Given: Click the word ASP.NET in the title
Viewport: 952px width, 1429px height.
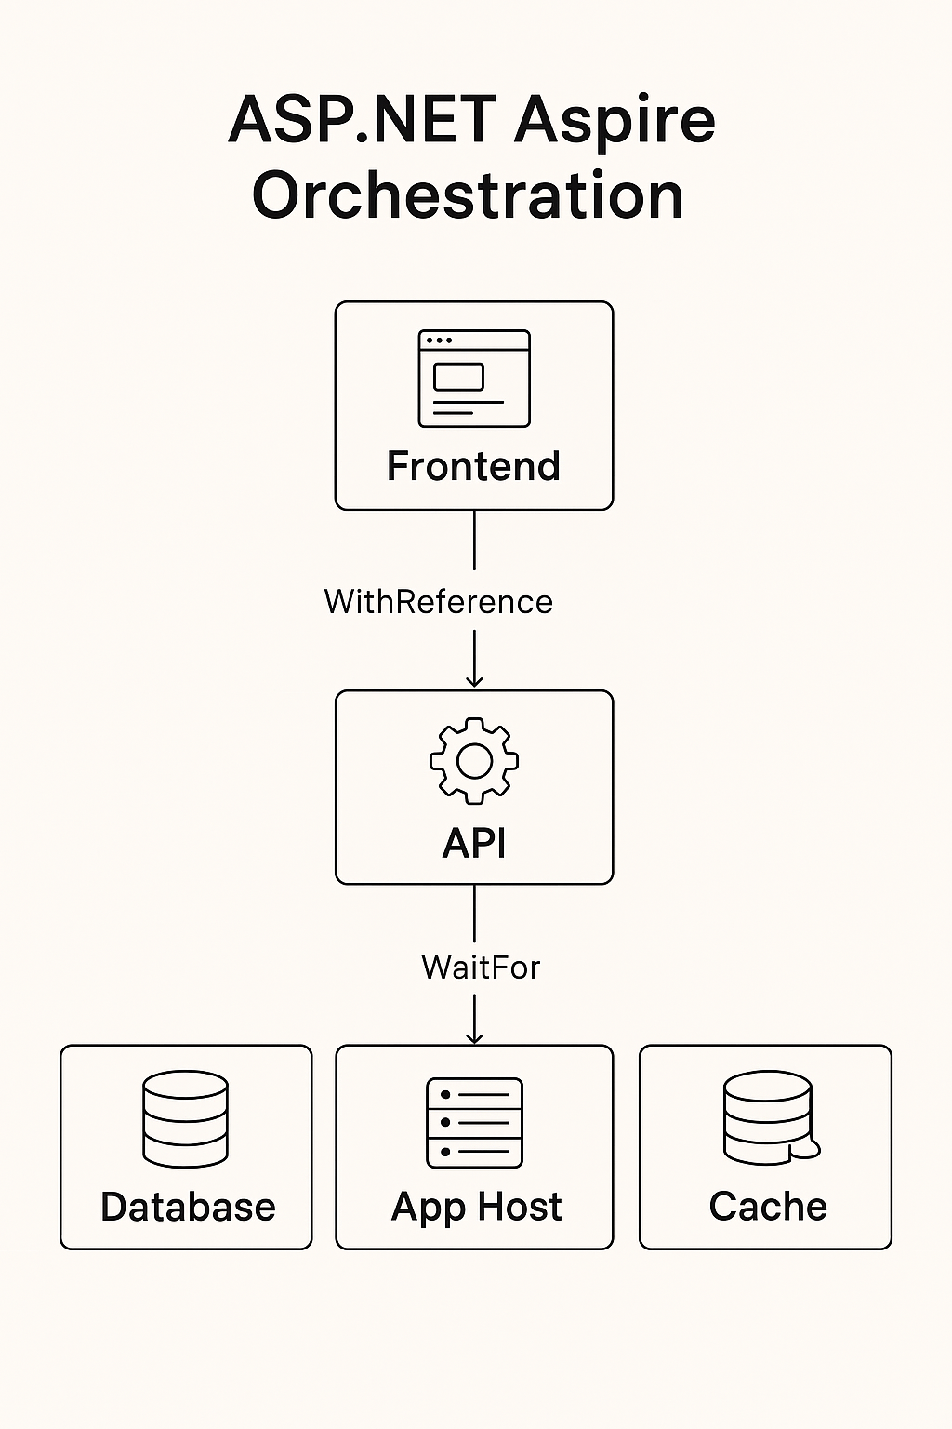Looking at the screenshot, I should coord(363,120).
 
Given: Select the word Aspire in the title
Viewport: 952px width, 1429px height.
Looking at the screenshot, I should coord(615,122).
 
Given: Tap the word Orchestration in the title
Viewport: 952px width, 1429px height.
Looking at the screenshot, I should coord(468,195).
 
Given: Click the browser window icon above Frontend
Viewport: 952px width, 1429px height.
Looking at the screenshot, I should coord(474,379).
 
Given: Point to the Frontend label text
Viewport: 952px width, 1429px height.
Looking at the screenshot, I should coord(473,466).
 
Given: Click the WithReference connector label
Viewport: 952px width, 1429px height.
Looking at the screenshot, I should coord(438,602).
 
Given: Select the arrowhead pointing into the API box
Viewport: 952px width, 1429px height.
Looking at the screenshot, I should coord(474,680).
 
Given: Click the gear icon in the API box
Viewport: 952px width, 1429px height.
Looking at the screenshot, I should coord(474,761).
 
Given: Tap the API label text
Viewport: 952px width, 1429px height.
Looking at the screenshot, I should coord(474,843).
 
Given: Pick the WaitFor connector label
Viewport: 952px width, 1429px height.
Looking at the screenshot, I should coord(480,968).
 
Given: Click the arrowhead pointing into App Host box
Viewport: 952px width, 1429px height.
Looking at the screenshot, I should coord(474,1036).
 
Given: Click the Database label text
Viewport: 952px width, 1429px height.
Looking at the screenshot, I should coord(188,1207).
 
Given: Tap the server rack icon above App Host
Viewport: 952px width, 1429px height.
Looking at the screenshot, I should coord(474,1123).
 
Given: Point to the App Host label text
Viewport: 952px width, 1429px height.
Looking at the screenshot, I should coord(476,1207).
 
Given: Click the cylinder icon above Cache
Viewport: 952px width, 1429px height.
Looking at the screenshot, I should coord(769,1117).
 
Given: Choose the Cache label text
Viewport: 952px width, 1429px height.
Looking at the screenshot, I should coord(768,1207).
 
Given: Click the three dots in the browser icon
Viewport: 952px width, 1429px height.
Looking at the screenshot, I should coord(438,341).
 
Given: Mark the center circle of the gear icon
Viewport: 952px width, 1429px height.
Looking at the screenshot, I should coord(474,761).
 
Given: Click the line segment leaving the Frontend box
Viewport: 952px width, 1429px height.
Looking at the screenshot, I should coord(474,540).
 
